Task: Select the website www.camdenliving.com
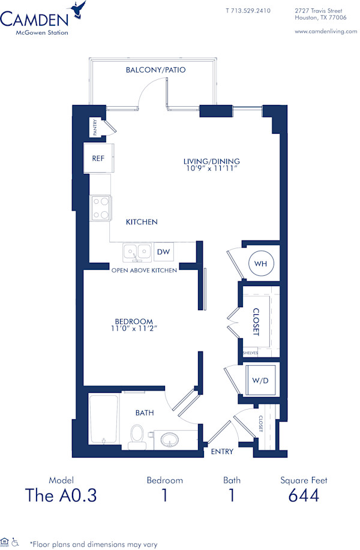point(326,31)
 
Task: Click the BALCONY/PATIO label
point(155,70)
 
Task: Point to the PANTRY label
point(95,127)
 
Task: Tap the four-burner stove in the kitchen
point(100,208)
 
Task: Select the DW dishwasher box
point(163,253)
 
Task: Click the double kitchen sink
point(137,252)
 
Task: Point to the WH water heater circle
point(260,263)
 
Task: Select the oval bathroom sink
point(170,441)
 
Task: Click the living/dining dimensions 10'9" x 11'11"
point(212,169)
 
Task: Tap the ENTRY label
point(222,452)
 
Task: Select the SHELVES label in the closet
point(250,353)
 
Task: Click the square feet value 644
point(304,495)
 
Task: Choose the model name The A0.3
point(61,495)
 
